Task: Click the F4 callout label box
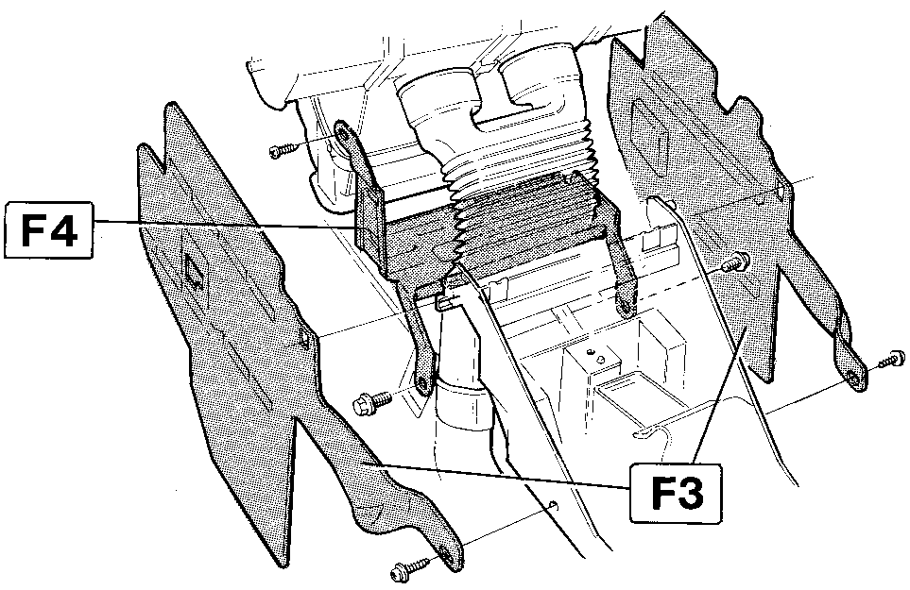click(48, 229)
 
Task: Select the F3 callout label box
click(676, 493)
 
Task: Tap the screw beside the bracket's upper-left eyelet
click(283, 149)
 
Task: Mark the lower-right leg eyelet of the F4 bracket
click(626, 306)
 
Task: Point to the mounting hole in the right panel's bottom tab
click(851, 379)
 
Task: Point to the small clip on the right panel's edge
click(781, 192)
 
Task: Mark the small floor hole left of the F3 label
click(554, 504)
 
